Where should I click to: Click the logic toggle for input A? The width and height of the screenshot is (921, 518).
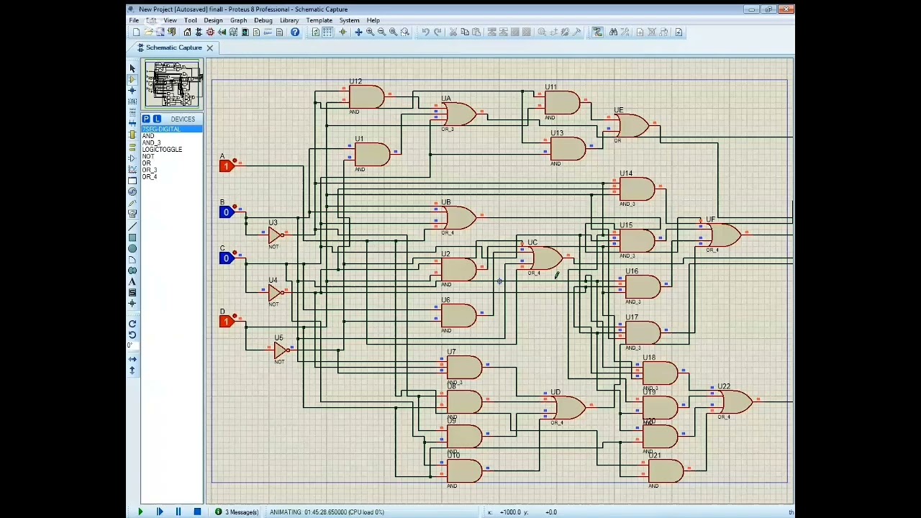coord(226,166)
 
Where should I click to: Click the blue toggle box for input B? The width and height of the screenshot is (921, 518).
coord(226,212)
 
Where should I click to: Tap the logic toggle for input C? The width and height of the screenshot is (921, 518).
coord(226,258)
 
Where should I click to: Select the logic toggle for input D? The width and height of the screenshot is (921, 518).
coord(226,322)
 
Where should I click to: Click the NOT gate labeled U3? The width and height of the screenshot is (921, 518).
coord(273,235)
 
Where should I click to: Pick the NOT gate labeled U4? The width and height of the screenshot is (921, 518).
coord(273,293)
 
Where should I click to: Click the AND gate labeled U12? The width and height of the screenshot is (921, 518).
coord(367,96)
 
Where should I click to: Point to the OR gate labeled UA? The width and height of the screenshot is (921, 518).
coord(459,114)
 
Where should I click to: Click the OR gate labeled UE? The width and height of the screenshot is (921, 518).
coord(632,126)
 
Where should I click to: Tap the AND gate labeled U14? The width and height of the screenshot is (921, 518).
coord(637,189)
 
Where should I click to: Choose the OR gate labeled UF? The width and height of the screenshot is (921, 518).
coord(723,235)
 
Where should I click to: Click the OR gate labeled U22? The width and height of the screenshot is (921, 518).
coord(735,401)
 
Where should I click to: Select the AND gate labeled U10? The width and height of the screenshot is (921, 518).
coord(464,471)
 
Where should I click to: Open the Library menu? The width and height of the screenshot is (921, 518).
coord(289,20)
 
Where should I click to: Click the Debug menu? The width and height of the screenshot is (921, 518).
coord(263,20)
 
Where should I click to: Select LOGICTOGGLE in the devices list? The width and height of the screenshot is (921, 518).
coord(162,150)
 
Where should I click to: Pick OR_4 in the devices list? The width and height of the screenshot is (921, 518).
coord(149,177)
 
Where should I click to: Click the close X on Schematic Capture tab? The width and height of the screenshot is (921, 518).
coord(209,48)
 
